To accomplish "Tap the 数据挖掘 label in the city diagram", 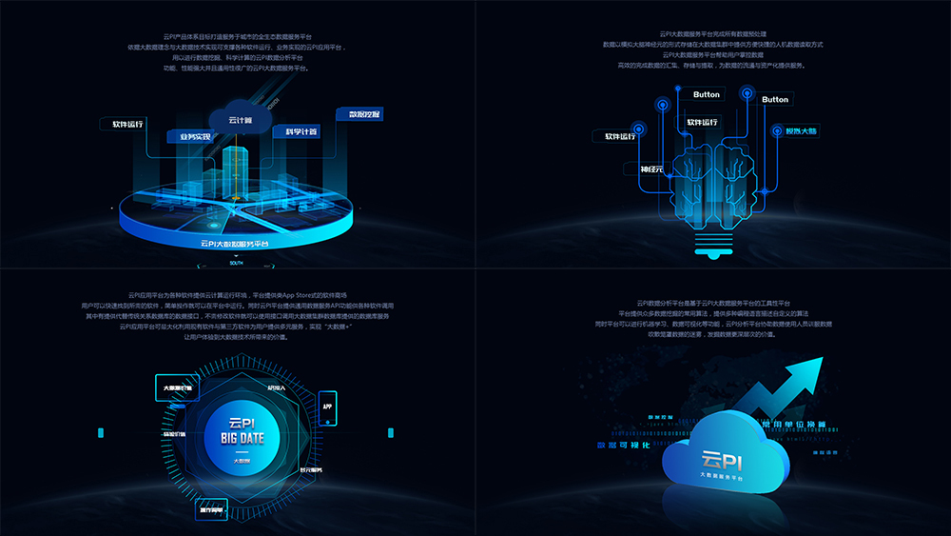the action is (363, 114).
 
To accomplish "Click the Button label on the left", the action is (707, 94).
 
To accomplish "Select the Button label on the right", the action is (775, 99).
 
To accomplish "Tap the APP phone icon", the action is (328, 404).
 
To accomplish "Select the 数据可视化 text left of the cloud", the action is (622, 444).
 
